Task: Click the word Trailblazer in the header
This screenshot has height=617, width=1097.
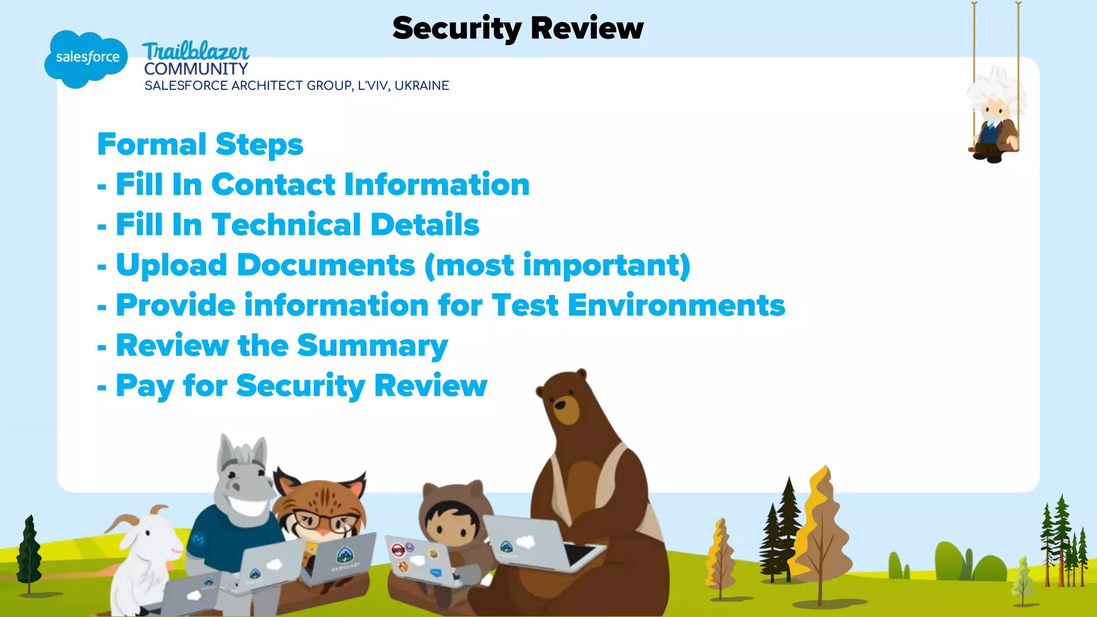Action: [196, 52]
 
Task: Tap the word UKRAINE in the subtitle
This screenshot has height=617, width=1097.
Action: [422, 86]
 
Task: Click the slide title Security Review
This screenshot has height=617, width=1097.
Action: [517, 28]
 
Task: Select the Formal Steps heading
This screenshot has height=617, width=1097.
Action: [200, 145]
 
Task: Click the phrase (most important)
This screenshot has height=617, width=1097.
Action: [557, 266]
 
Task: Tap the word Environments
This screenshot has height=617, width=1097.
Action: [676, 305]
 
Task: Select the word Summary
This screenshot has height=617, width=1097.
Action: [372, 346]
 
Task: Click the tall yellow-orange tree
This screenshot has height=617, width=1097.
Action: [820, 530]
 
